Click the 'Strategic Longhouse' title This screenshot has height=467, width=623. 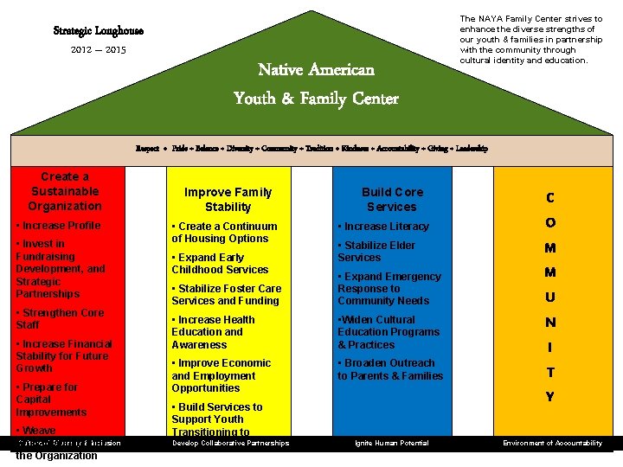[99, 31]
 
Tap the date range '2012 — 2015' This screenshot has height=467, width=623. [99, 50]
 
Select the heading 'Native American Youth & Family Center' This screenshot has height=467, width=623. [316, 84]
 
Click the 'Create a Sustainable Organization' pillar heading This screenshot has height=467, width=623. [65, 191]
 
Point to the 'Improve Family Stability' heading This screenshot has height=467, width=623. [228, 199]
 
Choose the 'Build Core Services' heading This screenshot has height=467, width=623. [392, 199]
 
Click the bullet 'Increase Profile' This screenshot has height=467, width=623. [59, 226]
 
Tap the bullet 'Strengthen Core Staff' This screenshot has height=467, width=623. [61, 318]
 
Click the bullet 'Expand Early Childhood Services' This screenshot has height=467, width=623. [221, 263]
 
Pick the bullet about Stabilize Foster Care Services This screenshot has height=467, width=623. [227, 294]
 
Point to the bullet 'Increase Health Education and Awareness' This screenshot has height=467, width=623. [214, 332]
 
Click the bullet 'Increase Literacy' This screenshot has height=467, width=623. [383, 227]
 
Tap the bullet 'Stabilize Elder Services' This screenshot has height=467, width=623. [376, 251]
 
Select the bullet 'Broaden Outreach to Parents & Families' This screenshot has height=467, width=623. [389, 369]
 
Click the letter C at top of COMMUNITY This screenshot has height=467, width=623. [550, 198]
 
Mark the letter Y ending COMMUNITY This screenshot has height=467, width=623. [550, 398]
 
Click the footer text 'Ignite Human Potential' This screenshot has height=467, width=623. [391, 444]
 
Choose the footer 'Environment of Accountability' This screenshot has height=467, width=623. [552, 444]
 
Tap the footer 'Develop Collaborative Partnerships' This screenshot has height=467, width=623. [230, 444]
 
